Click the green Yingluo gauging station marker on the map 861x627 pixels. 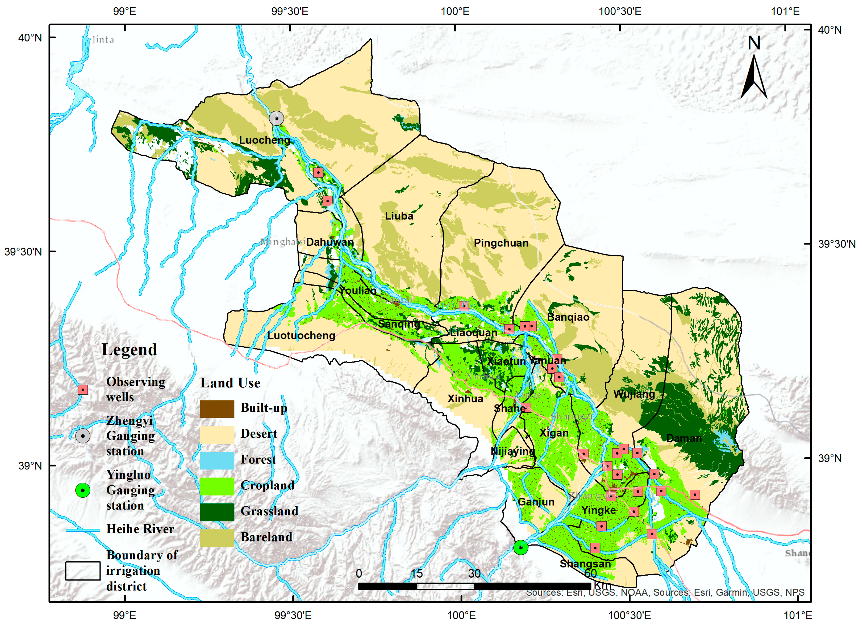520,547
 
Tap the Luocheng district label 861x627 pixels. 264,140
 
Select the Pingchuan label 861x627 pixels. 501,243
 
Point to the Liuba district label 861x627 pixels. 399,216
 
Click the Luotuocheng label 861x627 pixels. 301,336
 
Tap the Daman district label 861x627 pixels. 684,438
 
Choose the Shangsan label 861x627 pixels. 585,564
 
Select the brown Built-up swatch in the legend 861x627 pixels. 217,409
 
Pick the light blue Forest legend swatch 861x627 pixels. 217,460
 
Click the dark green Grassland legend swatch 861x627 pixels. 217,512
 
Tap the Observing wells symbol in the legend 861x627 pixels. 82,390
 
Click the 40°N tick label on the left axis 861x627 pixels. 30,38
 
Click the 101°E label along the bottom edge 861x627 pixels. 798,615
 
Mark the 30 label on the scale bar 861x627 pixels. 474,573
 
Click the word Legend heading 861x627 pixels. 129,350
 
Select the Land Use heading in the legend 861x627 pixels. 230,383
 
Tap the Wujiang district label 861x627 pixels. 634,394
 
